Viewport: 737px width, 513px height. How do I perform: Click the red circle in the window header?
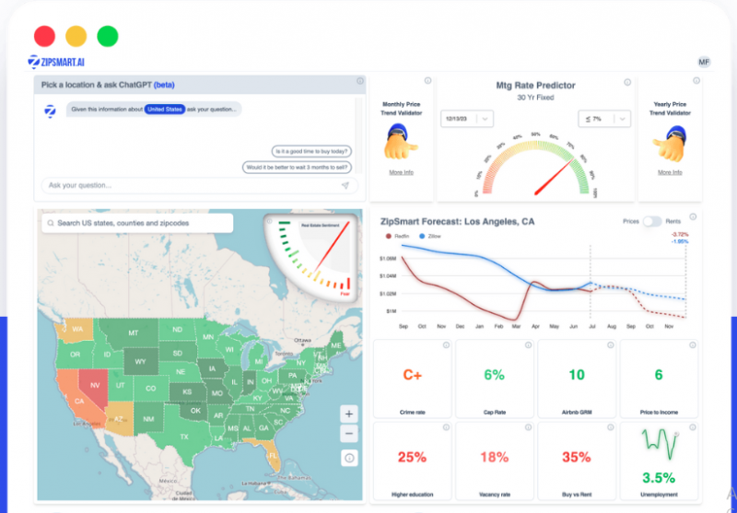(44, 36)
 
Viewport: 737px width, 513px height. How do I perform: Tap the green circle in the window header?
(108, 36)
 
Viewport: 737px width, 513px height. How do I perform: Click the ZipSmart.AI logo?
(56, 62)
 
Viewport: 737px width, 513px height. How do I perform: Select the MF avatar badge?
(704, 62)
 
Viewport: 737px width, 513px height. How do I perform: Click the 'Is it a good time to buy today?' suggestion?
(313, 151)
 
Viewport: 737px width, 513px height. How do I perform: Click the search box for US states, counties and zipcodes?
(136, 223)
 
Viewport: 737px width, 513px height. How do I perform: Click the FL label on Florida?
(274, 454)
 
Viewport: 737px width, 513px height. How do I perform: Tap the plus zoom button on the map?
(348, 414)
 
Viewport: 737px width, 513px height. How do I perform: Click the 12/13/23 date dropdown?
(467, 119)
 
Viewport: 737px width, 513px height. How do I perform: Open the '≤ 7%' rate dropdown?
(603, 119)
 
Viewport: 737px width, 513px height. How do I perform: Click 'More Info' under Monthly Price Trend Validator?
(401, 172)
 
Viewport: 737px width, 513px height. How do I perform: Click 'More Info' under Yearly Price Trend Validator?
(670, 172)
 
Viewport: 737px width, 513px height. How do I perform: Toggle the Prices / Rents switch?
(652, 222)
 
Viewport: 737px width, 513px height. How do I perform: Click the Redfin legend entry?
(398, 236)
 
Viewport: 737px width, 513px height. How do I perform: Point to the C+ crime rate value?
(412, 375)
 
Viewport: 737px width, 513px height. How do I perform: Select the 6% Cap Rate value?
(494, 375)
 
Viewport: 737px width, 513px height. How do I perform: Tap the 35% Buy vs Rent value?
(576, 457)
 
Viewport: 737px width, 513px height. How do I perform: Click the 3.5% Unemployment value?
(658, 478)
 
